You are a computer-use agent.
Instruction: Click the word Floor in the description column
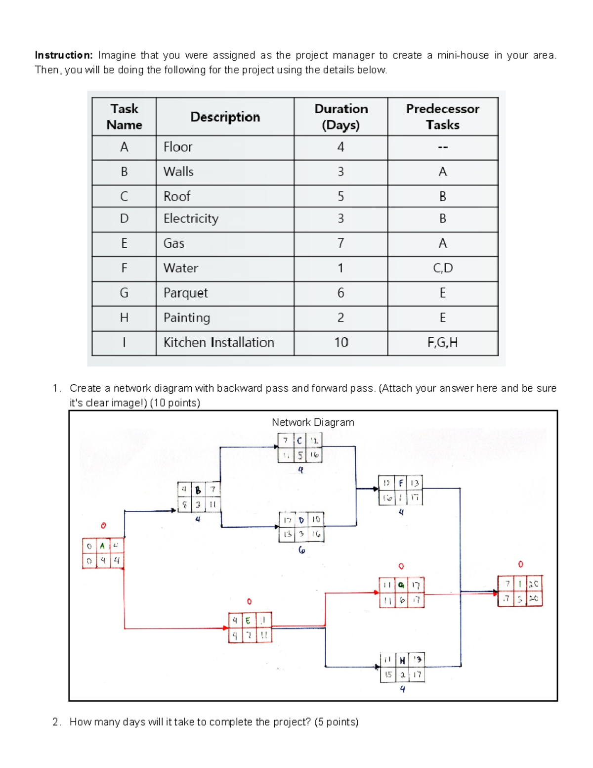tap(178, 147)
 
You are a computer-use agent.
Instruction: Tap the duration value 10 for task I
tap(341, 343)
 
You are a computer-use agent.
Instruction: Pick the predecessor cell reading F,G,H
tap(442, 343)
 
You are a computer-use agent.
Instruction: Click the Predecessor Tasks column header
tap(442, 117)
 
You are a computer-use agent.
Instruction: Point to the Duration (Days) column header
tap(341, 117)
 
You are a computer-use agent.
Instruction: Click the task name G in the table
tap(124, 293)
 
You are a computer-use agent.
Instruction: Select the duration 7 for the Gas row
tap(341, 243)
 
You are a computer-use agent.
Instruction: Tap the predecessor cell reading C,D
tap(442, 268)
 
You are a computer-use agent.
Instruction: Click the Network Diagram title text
tap(313, 422)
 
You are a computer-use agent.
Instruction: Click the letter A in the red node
tap(102, 546)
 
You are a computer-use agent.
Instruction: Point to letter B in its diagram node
tap(198, 490)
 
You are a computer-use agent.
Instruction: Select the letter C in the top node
tap(299, 441)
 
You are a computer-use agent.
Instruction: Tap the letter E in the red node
tap(248, 620)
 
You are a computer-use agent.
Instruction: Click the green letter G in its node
tap(401, 586)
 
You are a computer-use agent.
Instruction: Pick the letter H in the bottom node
tap(402, 660)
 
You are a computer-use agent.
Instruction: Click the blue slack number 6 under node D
tap(301, 550)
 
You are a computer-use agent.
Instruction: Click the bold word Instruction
tap(63, 55)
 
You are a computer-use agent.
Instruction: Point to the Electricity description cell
tap(191, 219)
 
